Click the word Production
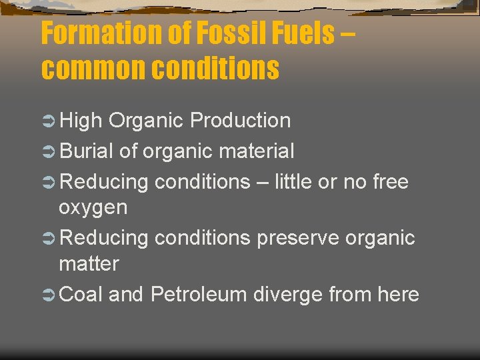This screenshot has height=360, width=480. (x=240, y=121)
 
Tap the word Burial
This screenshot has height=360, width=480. (x=86, y=151)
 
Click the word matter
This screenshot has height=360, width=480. (x=89, y=264)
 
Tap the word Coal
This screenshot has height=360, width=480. (x=81, y=294)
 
